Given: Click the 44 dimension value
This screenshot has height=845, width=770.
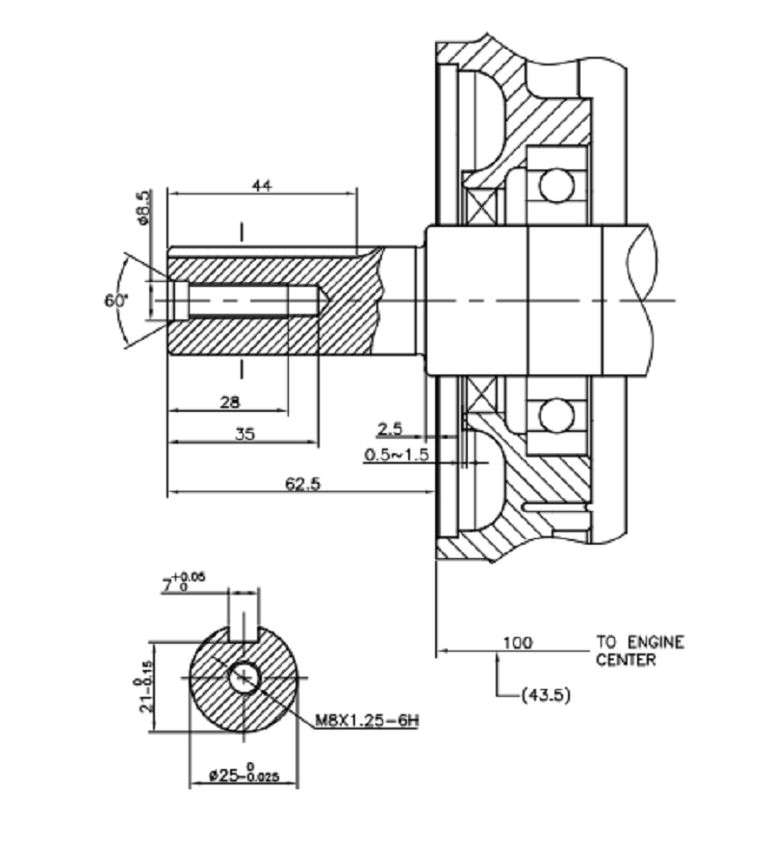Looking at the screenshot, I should (x=261, y=186).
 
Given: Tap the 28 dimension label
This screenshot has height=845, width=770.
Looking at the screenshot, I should (x=230, y=401).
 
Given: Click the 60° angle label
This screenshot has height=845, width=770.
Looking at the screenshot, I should (x=115, y=300).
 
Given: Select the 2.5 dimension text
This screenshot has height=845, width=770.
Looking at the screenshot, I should (x=389, y=427).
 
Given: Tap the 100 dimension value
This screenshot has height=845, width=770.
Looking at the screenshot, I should (x=518, y=642).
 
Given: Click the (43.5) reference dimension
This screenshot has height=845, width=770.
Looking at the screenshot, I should (x=544, y=694).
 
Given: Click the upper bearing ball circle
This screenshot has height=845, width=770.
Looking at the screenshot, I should (x=555, y=183).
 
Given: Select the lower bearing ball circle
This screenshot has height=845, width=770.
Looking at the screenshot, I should (x=555, y=416).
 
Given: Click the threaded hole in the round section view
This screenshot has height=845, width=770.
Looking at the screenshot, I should (x=244, y=677).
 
